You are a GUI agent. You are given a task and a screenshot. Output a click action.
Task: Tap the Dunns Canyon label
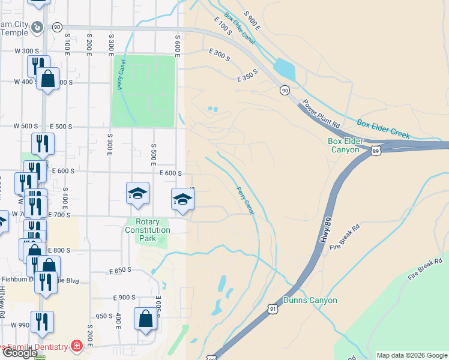(310, 300)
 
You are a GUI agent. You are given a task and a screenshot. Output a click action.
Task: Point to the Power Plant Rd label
(321, 112)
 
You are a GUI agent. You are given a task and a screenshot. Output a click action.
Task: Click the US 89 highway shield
(375, 149)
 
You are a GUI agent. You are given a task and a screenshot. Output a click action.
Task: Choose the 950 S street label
(104, 316)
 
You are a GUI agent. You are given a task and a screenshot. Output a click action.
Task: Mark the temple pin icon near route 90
(37, 27)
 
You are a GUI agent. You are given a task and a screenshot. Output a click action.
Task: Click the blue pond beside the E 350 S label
(284, 70)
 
